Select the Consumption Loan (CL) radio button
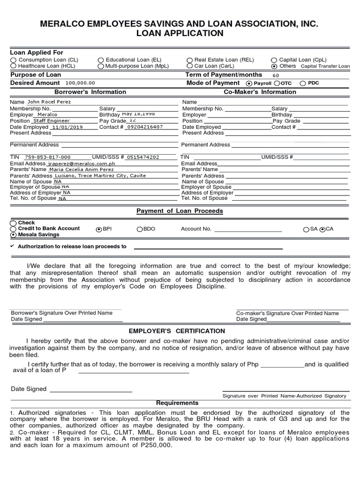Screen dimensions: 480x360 tap(13, 60)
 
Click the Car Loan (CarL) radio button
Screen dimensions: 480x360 tap(189, 67)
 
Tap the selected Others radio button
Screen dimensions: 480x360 tap(274, 67)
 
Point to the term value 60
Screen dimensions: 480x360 tap(275, 75)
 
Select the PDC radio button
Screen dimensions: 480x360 tap(303, 83)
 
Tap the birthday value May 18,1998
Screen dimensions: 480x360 tap(138, 114)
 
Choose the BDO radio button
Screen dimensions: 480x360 tap(140, 229)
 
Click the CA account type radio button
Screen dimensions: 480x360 tap(322, 229)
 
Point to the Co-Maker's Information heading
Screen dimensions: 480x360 tap(260, 92)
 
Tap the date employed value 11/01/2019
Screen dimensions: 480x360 tap(67, 127)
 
